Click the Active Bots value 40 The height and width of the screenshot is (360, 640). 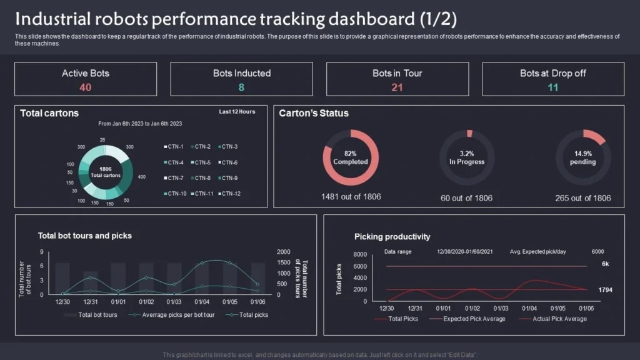point(86,87)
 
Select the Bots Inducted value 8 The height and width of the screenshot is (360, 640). point(241,87)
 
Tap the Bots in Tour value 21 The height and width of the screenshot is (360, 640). point(397,87)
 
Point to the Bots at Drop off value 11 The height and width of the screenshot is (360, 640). point(552,87)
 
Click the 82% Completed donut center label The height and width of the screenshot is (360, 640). point(351,157)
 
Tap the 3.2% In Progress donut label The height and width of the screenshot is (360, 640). point(467,157)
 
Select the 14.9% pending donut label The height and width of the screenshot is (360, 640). point(582,157)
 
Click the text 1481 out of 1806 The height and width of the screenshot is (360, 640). point(351,197)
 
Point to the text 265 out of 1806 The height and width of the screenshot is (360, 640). point(582,198)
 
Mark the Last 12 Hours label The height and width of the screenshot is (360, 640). point(237,112)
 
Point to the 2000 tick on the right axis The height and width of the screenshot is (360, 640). point(283,252)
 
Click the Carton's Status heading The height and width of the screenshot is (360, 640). point(314,114)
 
